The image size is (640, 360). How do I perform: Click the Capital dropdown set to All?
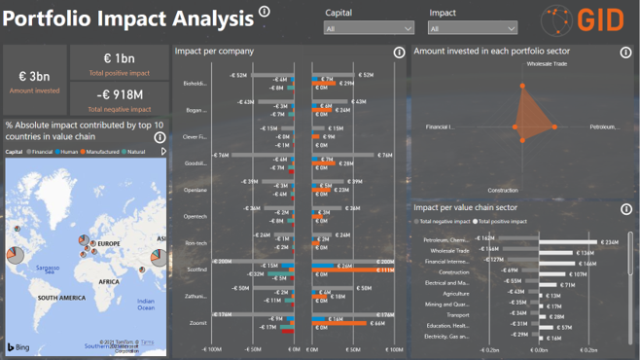tap(368, 28)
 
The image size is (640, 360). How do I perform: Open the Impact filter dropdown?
tap(473, 28)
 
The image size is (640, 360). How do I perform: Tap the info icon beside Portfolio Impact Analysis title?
tap(266, 12)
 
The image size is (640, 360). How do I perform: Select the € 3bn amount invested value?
tap(34, 76)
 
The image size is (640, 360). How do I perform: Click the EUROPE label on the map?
tap(109, 244)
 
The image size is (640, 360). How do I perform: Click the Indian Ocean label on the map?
tap(146, 304)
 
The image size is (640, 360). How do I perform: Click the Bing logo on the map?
tap(19, 347)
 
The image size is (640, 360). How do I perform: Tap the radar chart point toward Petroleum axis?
tap(554, 126)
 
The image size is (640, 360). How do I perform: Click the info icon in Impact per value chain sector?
tap(625, 206)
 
